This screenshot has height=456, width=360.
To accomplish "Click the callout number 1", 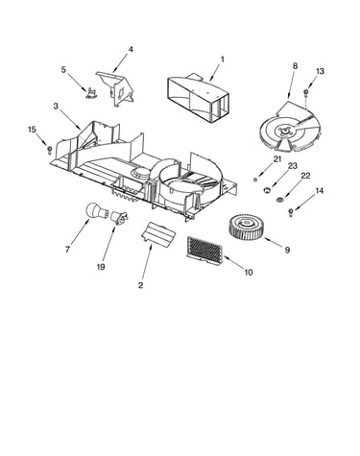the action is (223, 60).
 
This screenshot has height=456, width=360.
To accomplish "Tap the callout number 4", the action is (131, 49).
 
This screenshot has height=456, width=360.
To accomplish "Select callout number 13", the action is (320, 71).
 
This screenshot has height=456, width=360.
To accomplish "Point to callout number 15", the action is (32, 130).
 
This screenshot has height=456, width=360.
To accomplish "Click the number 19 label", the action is (101, 267).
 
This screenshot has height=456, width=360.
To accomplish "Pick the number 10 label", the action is (249, 273).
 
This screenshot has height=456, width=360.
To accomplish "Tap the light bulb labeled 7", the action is (97, 211).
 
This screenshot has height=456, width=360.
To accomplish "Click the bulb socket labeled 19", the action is (119, 218).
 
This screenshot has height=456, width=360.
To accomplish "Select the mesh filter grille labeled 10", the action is (204, 251).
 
